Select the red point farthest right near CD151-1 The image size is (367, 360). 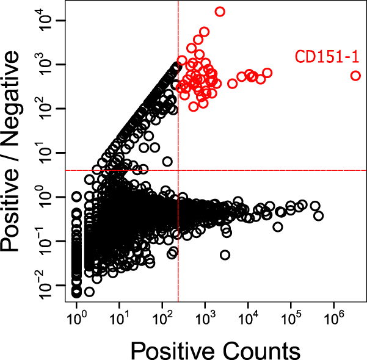point(355,76)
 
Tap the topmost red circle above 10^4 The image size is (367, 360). point(220,12)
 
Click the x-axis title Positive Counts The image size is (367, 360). point(214,350)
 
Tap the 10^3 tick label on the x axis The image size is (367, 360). point(205,319)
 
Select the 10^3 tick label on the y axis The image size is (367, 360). point(48,65)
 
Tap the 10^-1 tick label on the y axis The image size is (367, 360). point(48,241)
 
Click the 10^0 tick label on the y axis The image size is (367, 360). point(48,197)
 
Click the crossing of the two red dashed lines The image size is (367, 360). point(178,170)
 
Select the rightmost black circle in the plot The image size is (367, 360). point(318,216)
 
